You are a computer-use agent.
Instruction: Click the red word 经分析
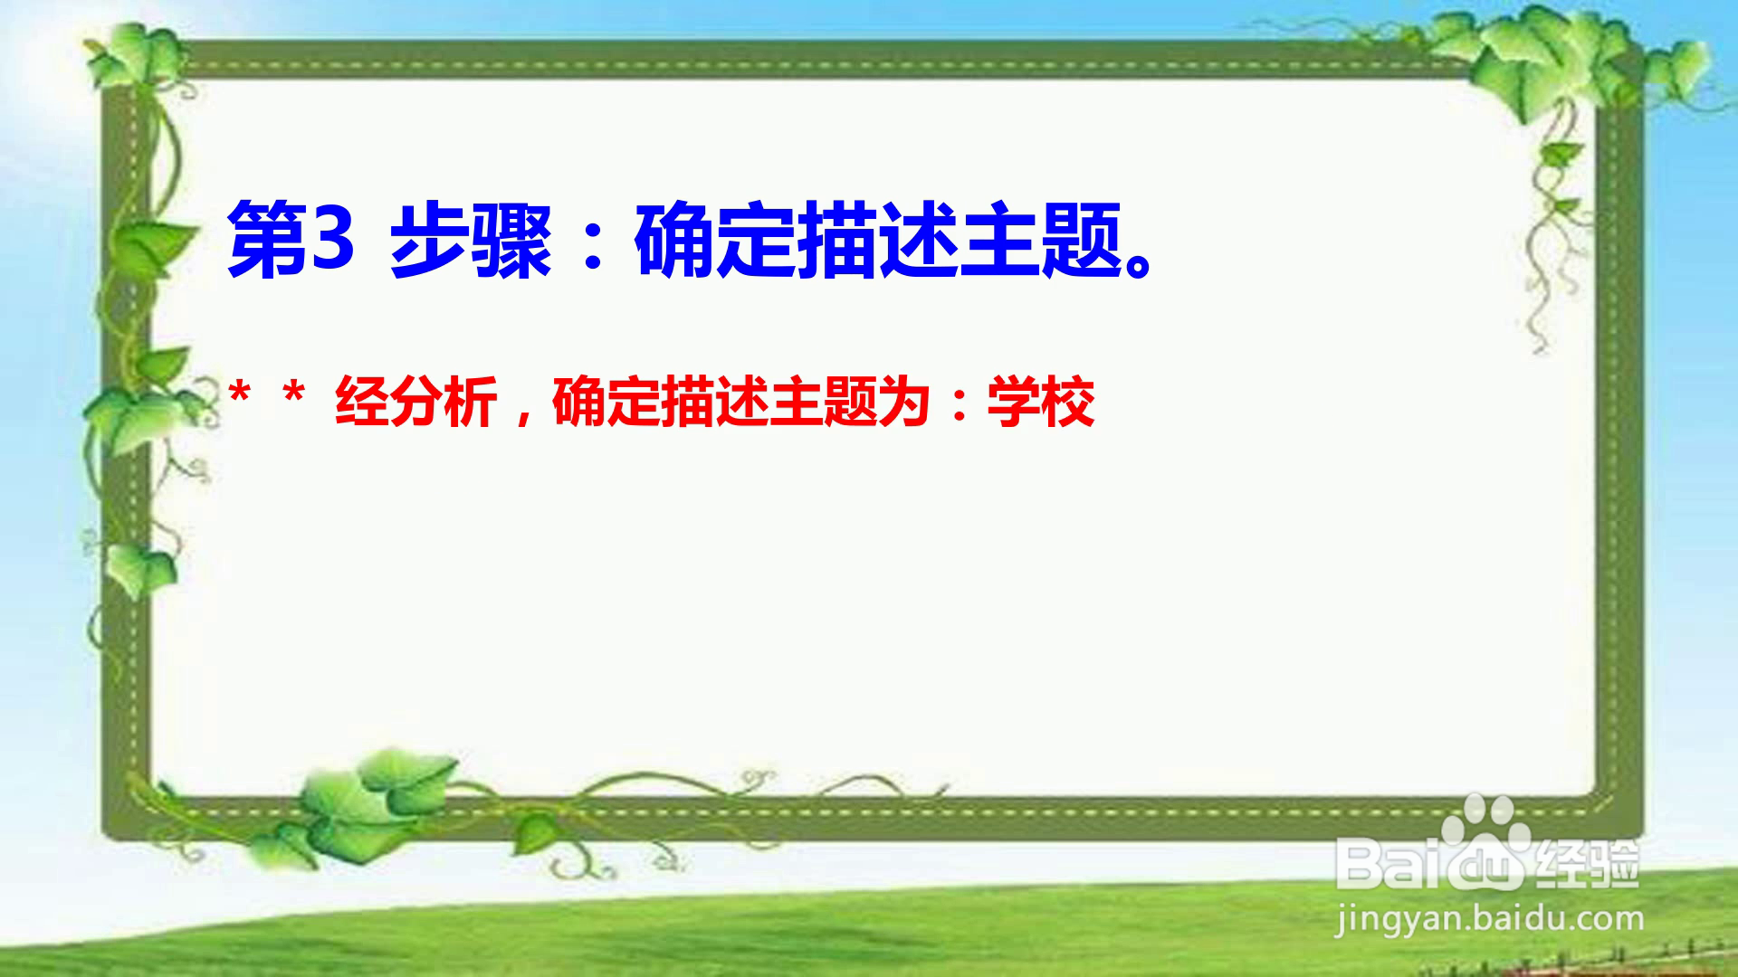point(416,402)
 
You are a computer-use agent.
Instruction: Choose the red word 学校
point(1041,402)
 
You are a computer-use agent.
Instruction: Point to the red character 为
point(905,402)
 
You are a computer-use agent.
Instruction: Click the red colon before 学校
point(960,404)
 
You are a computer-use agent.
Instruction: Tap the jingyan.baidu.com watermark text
point(1490,920)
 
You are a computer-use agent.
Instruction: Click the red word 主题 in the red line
point(824,402)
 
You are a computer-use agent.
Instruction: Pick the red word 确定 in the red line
point(606,402)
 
